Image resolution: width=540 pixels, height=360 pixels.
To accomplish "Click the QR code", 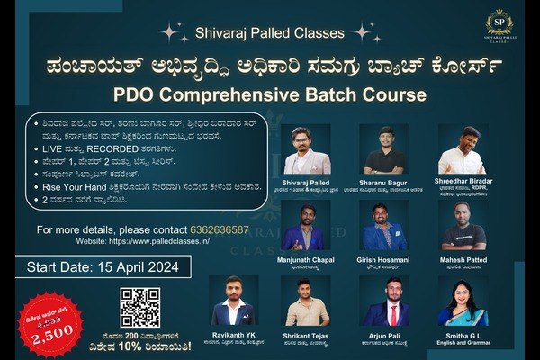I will click(139, 308).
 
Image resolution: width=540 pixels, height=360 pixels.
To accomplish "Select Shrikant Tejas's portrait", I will click(307, 301).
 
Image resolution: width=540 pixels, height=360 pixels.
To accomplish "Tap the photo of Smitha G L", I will click(463, 301).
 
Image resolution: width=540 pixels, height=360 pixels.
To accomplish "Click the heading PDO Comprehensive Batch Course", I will click(269, 94).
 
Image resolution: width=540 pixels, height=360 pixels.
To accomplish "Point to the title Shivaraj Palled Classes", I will click(270, 33).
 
